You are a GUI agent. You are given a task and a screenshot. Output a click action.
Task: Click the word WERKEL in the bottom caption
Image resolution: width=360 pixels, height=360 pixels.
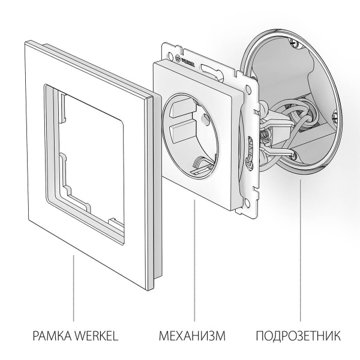[x=94, y=334]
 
